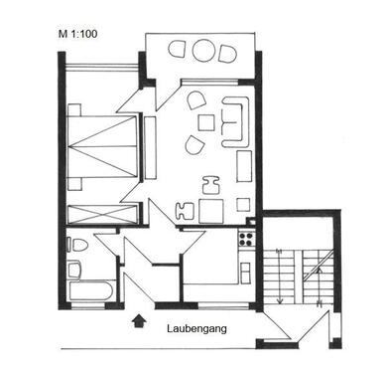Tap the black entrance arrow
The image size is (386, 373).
137,320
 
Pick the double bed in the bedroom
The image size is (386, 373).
104,149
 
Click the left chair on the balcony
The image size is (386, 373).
180,49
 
